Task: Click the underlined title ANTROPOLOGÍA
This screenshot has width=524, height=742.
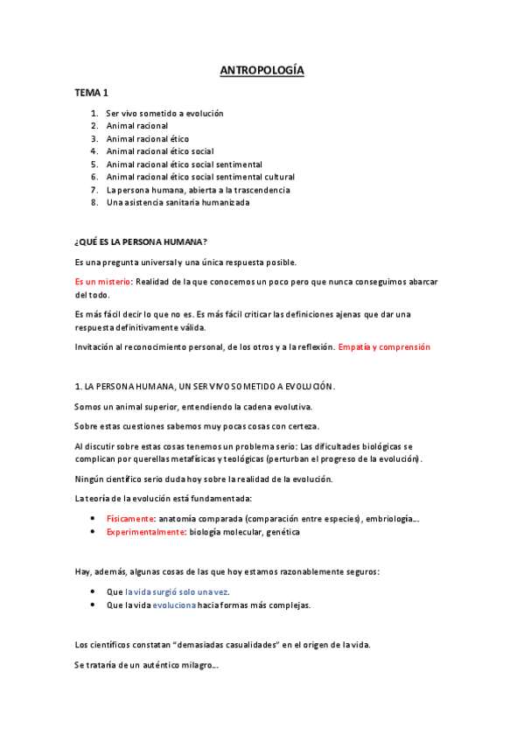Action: (262, 72)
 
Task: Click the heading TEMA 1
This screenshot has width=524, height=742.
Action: (92, 93)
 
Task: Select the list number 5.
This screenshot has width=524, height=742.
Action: (94, 164)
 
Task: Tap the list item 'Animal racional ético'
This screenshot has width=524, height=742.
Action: (147, 138)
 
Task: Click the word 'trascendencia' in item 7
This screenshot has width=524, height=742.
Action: (261, 189)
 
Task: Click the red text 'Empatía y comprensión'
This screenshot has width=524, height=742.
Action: (384, 346)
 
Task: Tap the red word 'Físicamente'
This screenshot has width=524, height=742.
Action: (130, 519)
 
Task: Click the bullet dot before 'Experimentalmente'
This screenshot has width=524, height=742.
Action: (93, 531)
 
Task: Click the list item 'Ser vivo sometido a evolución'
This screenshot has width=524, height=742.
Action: (164, 113)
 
